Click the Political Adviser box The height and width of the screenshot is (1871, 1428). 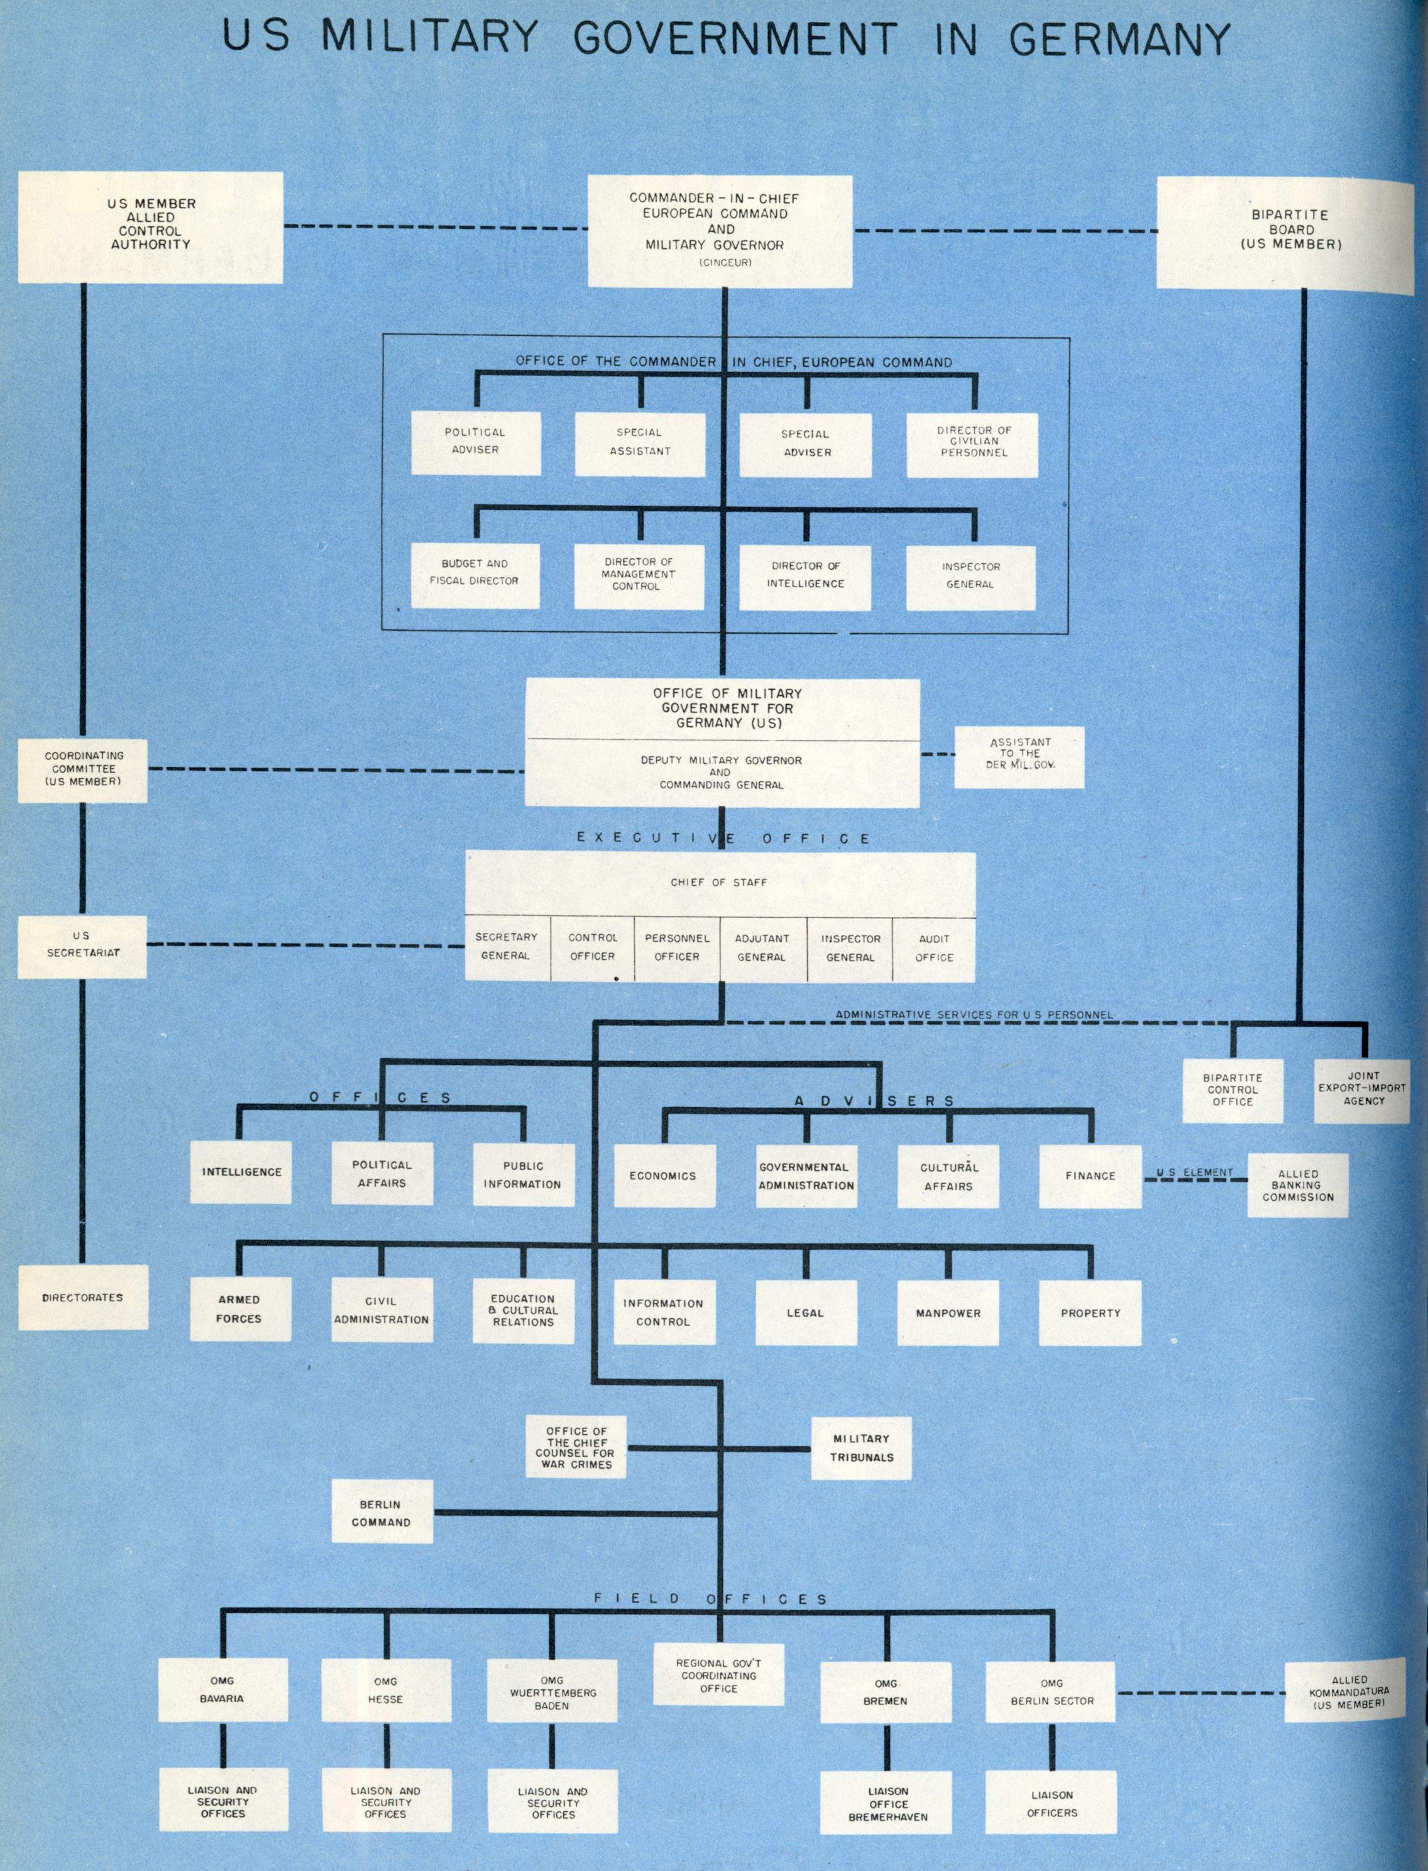(x=475, y=442)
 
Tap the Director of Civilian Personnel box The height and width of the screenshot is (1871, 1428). (x=972, y=444)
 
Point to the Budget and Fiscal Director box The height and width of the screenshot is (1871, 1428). (x=475, y=575)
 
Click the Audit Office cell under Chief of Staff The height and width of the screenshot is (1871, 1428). (x=934, y=949)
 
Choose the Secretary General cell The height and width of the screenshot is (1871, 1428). (x=507, y=947)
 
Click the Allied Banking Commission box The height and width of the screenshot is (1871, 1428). (x=1297, y=1185)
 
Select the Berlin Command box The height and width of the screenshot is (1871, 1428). (x=381, y=1512)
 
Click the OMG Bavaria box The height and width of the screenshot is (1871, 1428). (x=222, y=1690)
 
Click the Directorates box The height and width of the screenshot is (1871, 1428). (x=82, y=1297)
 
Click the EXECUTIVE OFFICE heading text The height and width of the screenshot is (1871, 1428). (x=723, y=838)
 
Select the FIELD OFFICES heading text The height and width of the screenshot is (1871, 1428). (x=711, y=1599)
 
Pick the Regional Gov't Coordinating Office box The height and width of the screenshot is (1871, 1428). (x=718, y=1675)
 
